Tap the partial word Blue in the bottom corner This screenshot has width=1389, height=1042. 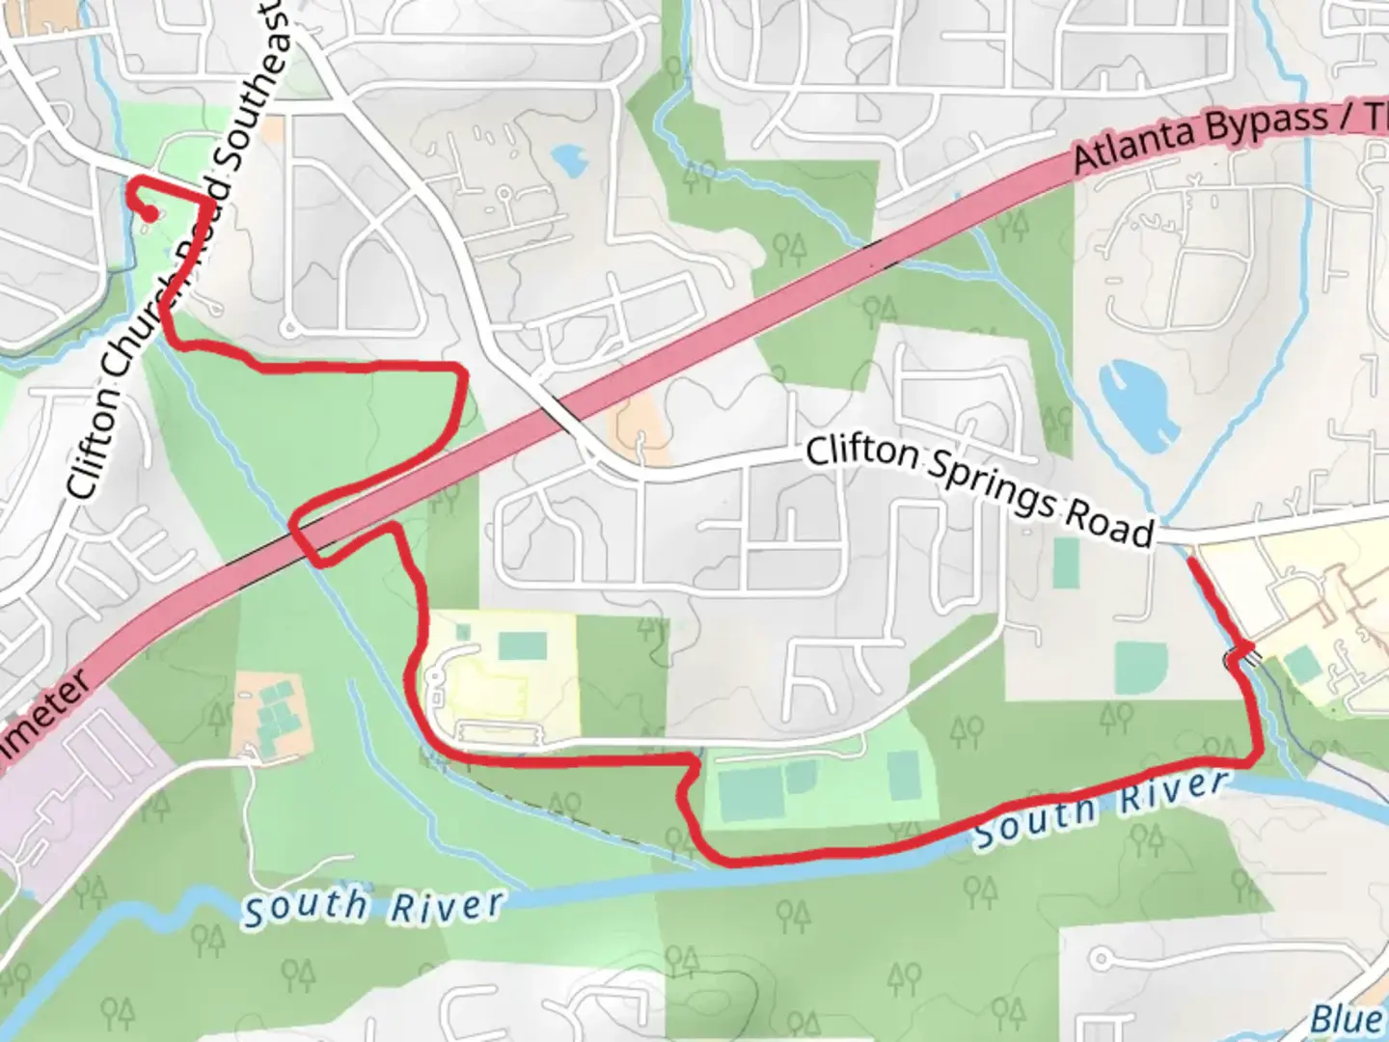[x=1347, y=1018]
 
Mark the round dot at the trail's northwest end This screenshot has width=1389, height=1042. [x=150, y=214]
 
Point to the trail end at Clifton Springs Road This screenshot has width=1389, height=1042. [x=1190, y=559]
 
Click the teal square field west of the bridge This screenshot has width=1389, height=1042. [x=1140, y=666]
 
